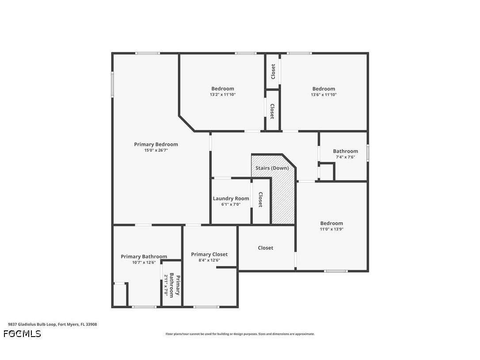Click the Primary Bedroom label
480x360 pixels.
(x=156, y=144)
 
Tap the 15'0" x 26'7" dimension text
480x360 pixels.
(x=156, y=150)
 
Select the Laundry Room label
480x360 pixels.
(x=231, y=199)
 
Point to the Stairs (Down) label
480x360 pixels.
(x=272, y=168)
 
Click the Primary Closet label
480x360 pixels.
(x=210, y=254)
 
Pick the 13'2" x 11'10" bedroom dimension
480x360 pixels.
(x=223, y=95)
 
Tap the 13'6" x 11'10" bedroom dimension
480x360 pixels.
(x=324, y=95)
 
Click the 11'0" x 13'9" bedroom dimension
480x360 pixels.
(x=331, y=229)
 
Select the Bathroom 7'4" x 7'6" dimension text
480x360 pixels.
(x=345, y=157)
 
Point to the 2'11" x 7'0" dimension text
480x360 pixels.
(x=166, y=285)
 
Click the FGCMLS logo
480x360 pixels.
(x=22, y=333)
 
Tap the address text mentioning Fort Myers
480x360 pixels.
(x=52, y=324)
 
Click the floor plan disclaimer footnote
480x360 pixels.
(x=240, y=334)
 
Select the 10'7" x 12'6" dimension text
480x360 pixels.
(x=144, y=262)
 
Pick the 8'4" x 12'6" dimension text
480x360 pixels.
(x=210, y=260)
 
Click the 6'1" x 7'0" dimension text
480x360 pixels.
(x=231, y=204)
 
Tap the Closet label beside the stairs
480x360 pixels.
(x=260, y=199)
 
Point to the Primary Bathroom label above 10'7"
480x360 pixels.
(x=144, y=257)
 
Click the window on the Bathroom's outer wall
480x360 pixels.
(x=368, y=153)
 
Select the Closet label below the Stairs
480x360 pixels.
(x=265, y=248)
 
